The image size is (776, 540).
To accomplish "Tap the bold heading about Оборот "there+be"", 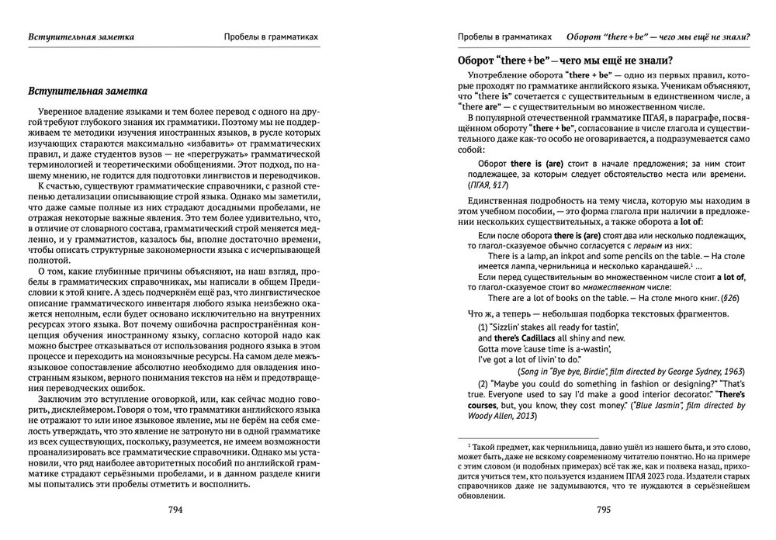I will (x=565, y=60).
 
